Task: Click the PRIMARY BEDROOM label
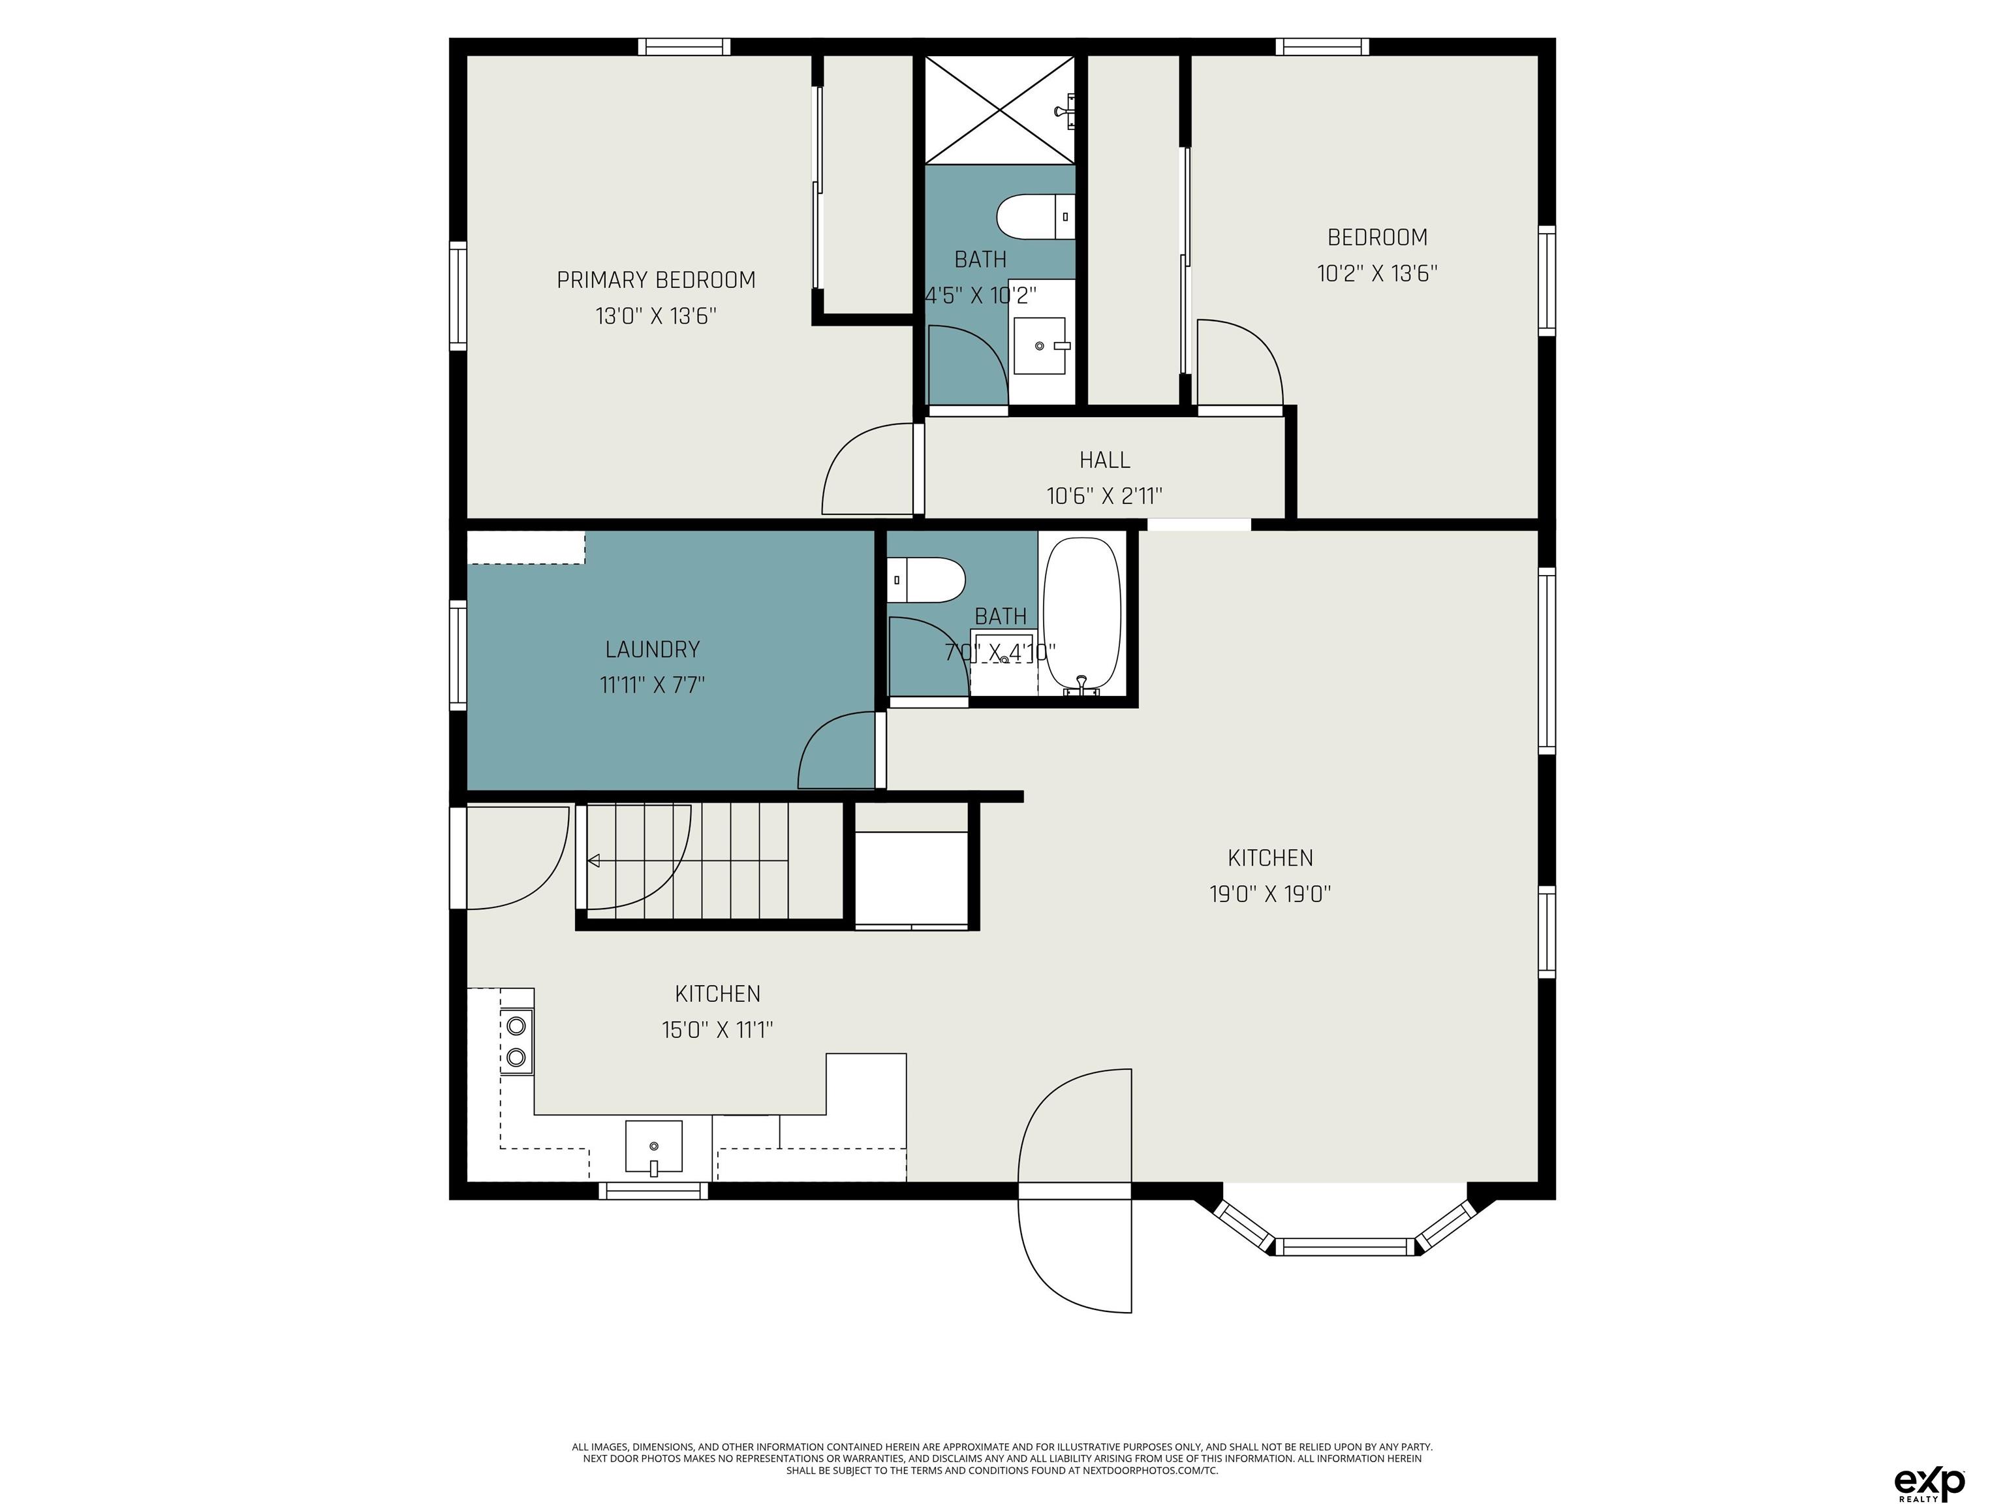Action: (656, 280)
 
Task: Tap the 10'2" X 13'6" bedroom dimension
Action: (1377, 273)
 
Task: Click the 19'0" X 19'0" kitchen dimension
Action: (1270, 894)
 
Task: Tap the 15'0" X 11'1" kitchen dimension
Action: (717, 1030)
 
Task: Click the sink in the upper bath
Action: (1040, 345)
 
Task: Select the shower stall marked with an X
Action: (999, 110)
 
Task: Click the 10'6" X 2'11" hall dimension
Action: (1104, 496)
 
